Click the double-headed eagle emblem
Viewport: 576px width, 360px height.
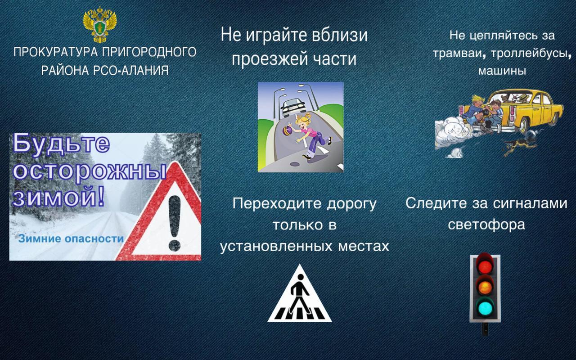coord(100,24)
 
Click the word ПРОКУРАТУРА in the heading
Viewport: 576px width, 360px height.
coord(55,52)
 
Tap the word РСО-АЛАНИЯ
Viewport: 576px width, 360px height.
coord(130,70)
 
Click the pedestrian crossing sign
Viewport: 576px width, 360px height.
coord(300,294)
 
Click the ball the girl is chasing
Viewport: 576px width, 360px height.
coord(288,130)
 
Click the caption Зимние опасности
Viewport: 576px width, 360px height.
coord(71,239)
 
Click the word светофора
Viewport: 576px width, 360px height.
coord(486,225)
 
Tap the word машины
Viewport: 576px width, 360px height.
coord(502,70)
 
